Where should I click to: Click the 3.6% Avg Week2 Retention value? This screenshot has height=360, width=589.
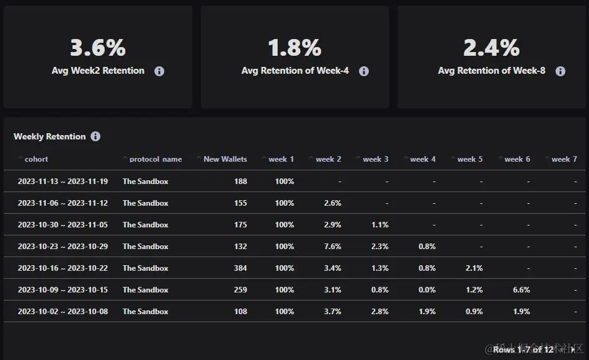[x=97, y=48]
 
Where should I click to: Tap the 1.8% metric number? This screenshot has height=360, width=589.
[x=294, y=48]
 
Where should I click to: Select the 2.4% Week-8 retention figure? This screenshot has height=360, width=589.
[x=491, y=48]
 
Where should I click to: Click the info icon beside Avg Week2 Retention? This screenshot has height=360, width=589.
[x=159, y=71]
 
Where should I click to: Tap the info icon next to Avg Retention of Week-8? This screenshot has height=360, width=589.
[x=560, y=71]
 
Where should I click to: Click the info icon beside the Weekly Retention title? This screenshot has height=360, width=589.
[x=95, y=136]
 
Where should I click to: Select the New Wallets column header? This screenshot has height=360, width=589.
[x=224, y=159]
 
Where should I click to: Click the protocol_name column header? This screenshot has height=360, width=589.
[x=155, y=159]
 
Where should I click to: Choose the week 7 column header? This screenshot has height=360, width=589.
[x=564, y=159]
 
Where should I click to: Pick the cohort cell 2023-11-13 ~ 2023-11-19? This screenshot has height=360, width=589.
[x=63, y=182]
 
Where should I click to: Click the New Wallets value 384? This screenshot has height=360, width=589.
[x=240, y=268]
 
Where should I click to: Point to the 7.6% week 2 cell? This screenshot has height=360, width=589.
[x=332, y=247]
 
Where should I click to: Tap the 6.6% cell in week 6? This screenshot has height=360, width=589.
[x=521, y=290]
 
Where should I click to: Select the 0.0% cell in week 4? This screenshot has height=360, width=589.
[x=427, y=290]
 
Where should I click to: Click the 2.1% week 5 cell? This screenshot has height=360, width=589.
[x=474, y=268]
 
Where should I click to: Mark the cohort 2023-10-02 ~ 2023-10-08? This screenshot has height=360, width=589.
[x=63, y=312]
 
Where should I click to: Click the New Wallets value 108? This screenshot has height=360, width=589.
[x=240, y=312]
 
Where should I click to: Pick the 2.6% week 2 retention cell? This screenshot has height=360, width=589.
[x=332, y=203]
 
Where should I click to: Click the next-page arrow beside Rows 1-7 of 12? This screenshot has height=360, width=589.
[x=573, y=350]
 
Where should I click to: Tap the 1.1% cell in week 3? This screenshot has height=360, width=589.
[x=380, y=225]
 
